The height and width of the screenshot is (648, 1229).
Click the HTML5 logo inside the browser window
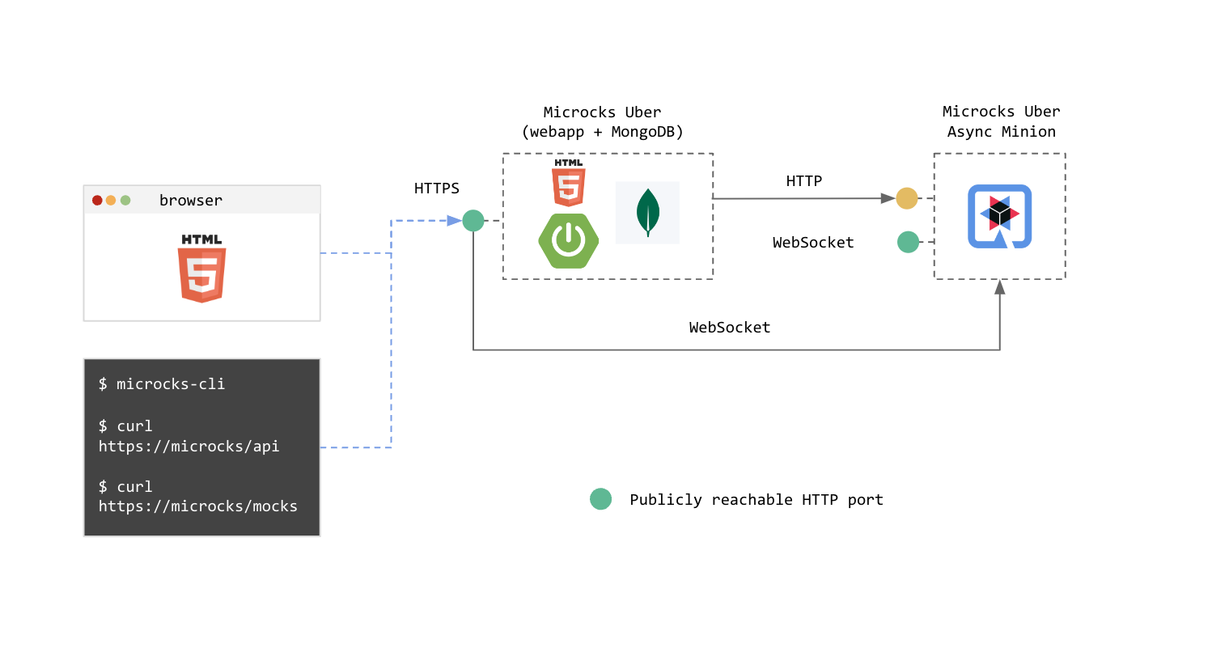(201, 268)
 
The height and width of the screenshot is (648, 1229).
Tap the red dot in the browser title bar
(97, 200)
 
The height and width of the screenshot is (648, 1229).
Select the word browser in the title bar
(190, 201)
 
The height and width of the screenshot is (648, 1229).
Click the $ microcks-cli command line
(162, 384)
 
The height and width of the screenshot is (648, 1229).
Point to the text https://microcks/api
(189, 447)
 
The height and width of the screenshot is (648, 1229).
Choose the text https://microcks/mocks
(197, 506)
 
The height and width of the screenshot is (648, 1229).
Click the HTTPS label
(436, 188)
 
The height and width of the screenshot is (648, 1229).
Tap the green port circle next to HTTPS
(473, 220)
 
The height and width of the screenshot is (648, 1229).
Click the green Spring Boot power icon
(568, 241)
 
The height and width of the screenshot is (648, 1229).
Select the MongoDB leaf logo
(648, 212)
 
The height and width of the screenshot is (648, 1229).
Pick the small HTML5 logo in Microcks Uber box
(569, 183)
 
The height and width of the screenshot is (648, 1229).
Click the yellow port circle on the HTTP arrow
(907, 198)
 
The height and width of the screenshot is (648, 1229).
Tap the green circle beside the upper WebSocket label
(908, 242)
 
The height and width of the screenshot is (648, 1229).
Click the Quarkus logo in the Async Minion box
(999, 216)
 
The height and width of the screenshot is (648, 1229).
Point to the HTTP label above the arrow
(803, 181)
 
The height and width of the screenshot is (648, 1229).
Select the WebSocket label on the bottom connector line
(729, 328)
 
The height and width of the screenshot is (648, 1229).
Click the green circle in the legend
(600, 499)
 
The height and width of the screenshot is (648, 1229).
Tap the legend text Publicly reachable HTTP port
(756, 500)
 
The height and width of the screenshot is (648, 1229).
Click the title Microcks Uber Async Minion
(1001, 121)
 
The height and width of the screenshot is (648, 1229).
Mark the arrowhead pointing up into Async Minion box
(1000, 287)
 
